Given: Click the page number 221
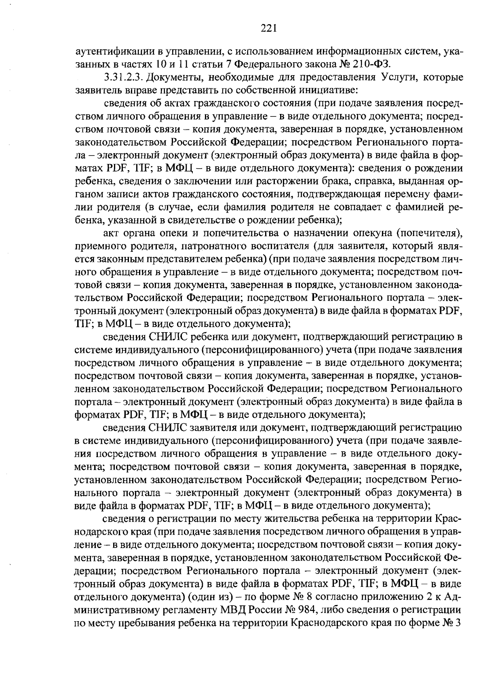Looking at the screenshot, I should pyautogui.click(x=268, y=28).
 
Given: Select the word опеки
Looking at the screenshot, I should pyautogui.click(x=162, y=233).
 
